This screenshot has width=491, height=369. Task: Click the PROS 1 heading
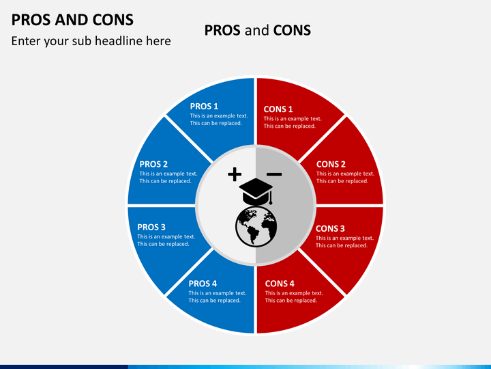(204, 107)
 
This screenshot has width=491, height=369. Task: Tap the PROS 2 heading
(153, 164)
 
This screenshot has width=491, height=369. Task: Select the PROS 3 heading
(151, 227)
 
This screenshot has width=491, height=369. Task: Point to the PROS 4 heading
(203, 284)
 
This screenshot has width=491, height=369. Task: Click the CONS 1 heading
(278, 109)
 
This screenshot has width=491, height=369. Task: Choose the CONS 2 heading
(331, 164)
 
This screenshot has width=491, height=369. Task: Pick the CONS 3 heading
(330, 228)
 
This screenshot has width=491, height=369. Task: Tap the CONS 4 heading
(280, 284)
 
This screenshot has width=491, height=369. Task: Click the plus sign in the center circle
(235, 174)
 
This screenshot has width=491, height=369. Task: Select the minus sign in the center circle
(274, 174)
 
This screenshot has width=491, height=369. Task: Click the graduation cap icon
(256, 191)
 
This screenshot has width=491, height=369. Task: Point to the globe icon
(256, 226)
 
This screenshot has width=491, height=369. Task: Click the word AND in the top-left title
(72, 20)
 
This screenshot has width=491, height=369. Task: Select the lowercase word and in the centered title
(257, 31)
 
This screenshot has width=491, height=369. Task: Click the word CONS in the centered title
(292, 31)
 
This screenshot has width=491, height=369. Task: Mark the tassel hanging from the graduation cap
(271, 197)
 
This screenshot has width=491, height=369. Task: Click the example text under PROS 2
(168, 177)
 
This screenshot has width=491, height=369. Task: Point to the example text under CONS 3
(344, 242)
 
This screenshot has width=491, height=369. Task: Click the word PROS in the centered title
(222, 31)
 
